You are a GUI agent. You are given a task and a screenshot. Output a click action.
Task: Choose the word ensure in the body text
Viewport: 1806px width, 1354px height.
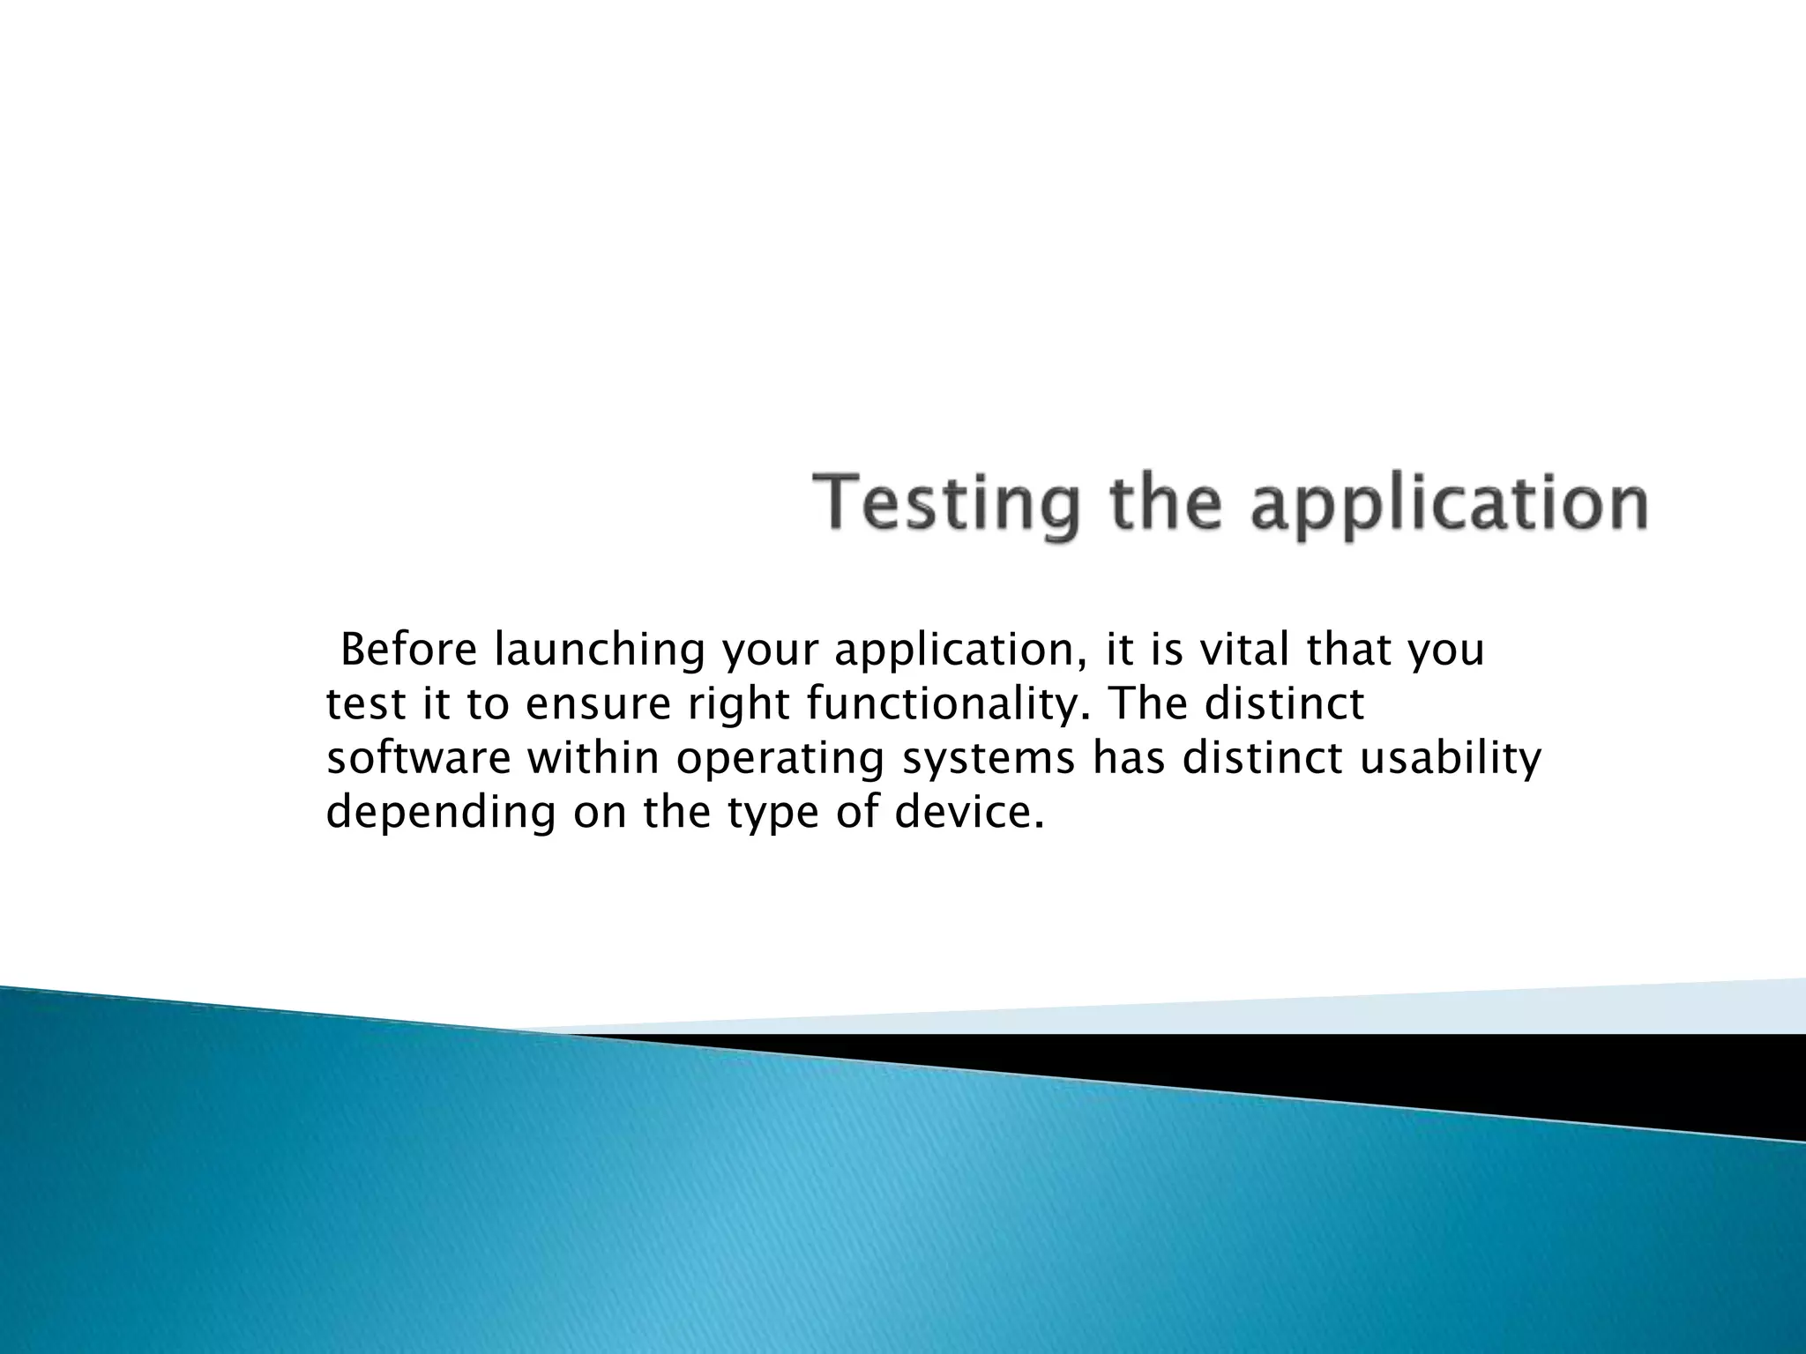[x=600, y=705]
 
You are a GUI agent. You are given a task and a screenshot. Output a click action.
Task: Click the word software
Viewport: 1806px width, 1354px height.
[x=418, y=759]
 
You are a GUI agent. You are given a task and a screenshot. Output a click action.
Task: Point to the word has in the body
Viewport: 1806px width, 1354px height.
[x=1130, y=759]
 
